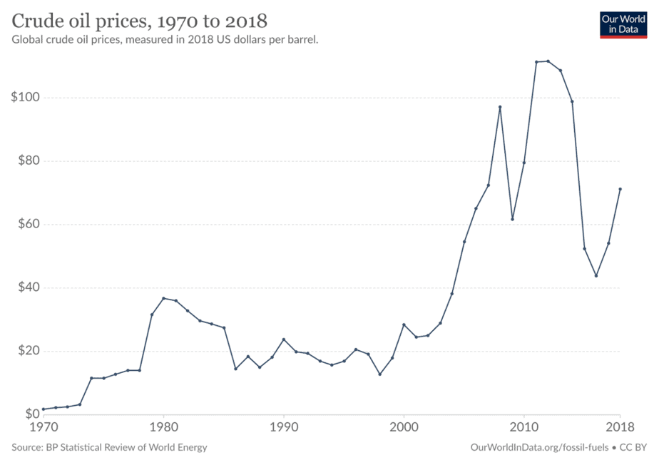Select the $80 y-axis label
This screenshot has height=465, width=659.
pyautogui.click(x=26, y=161)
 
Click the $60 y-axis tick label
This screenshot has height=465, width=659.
pyautogui.click(x=26, y=225)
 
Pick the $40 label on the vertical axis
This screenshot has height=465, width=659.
pyautogui.click(x=26, y=288)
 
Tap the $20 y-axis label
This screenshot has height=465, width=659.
pyautogui.click(x=26, y=351)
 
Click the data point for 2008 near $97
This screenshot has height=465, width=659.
pyautogui.click(x=500, y=107)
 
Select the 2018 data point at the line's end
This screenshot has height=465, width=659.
pyautogui.click(x=620, y=189)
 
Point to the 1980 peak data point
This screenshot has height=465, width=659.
pyautogui.click(x=163, y=298)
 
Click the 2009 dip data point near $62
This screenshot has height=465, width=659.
pyautogui.click(x=512, y=219)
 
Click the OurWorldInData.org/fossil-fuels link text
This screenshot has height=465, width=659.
pyautogui.click(x=540, y=447)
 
